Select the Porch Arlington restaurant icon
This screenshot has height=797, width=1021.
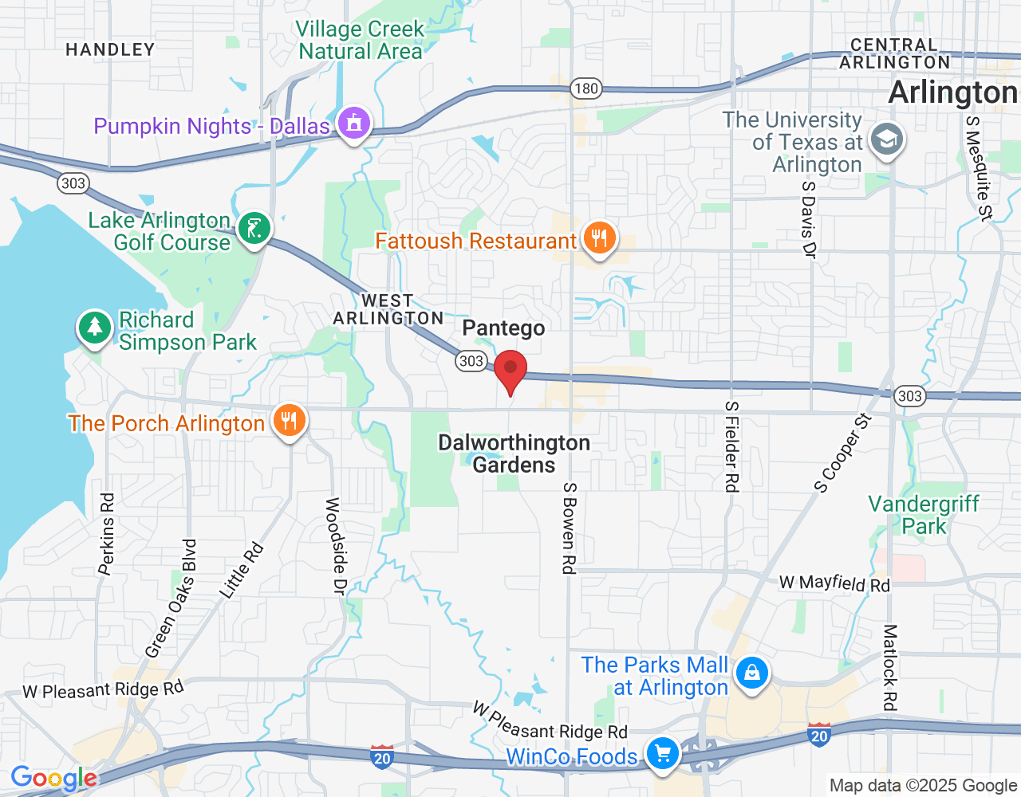[289, 420]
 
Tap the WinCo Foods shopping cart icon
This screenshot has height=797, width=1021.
[661, 753]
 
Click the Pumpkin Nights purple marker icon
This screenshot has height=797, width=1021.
[353, 123]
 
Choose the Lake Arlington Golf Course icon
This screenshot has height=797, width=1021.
[254, 230]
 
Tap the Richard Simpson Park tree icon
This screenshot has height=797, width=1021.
[95, 328]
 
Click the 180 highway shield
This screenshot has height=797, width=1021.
[586, 88]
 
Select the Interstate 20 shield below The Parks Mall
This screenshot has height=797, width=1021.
[819, 735]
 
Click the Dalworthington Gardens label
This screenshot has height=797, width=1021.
[514, 453]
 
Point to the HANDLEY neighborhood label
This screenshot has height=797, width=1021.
[110, 49]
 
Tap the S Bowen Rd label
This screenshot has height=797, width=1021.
[569, 528]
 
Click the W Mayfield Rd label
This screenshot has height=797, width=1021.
[834, 583]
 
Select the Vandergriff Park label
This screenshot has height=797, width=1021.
[924, 515]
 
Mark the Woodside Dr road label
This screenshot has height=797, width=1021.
[334, 546]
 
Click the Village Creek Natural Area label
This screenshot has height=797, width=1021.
[360, 40]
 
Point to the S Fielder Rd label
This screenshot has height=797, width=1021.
[731, 446]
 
